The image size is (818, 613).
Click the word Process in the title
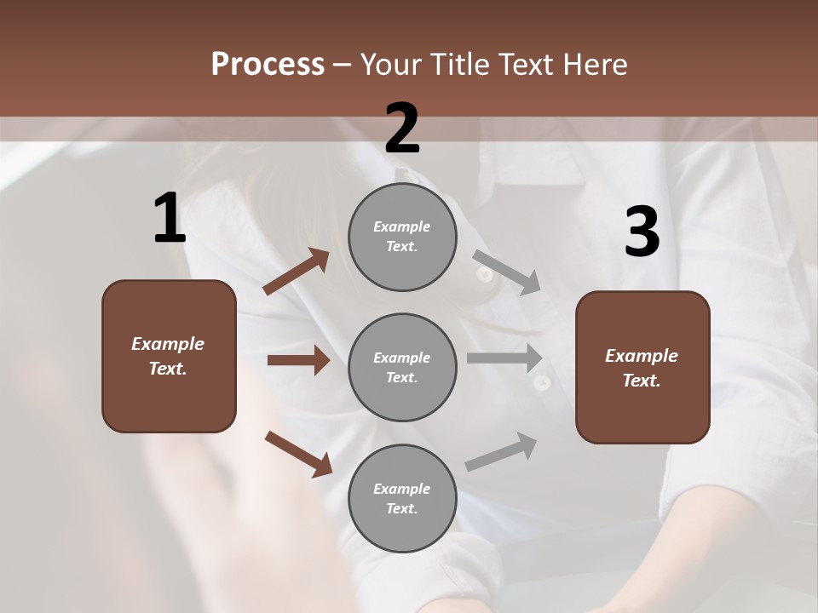(268, 64)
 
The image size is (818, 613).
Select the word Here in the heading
(594, 64)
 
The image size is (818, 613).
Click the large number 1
(170, 219)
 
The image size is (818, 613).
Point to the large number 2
(402, 129)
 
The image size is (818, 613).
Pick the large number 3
(642, 232)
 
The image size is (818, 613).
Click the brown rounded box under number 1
(169, 356)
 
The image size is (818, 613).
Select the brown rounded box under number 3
(642, 367)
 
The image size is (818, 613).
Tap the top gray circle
(402, 237)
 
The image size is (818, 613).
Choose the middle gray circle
(402, 367)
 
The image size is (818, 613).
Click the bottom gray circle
(402, 498)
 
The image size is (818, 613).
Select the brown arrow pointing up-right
(297, 272)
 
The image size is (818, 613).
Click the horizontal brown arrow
(298, 360)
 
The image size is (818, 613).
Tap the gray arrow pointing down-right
(507, 272)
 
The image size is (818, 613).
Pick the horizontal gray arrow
(504, 358)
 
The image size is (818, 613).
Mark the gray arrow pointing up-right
(501, 452)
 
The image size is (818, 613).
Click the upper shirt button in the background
(484, 274)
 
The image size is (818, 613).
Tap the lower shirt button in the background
(540, 383)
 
